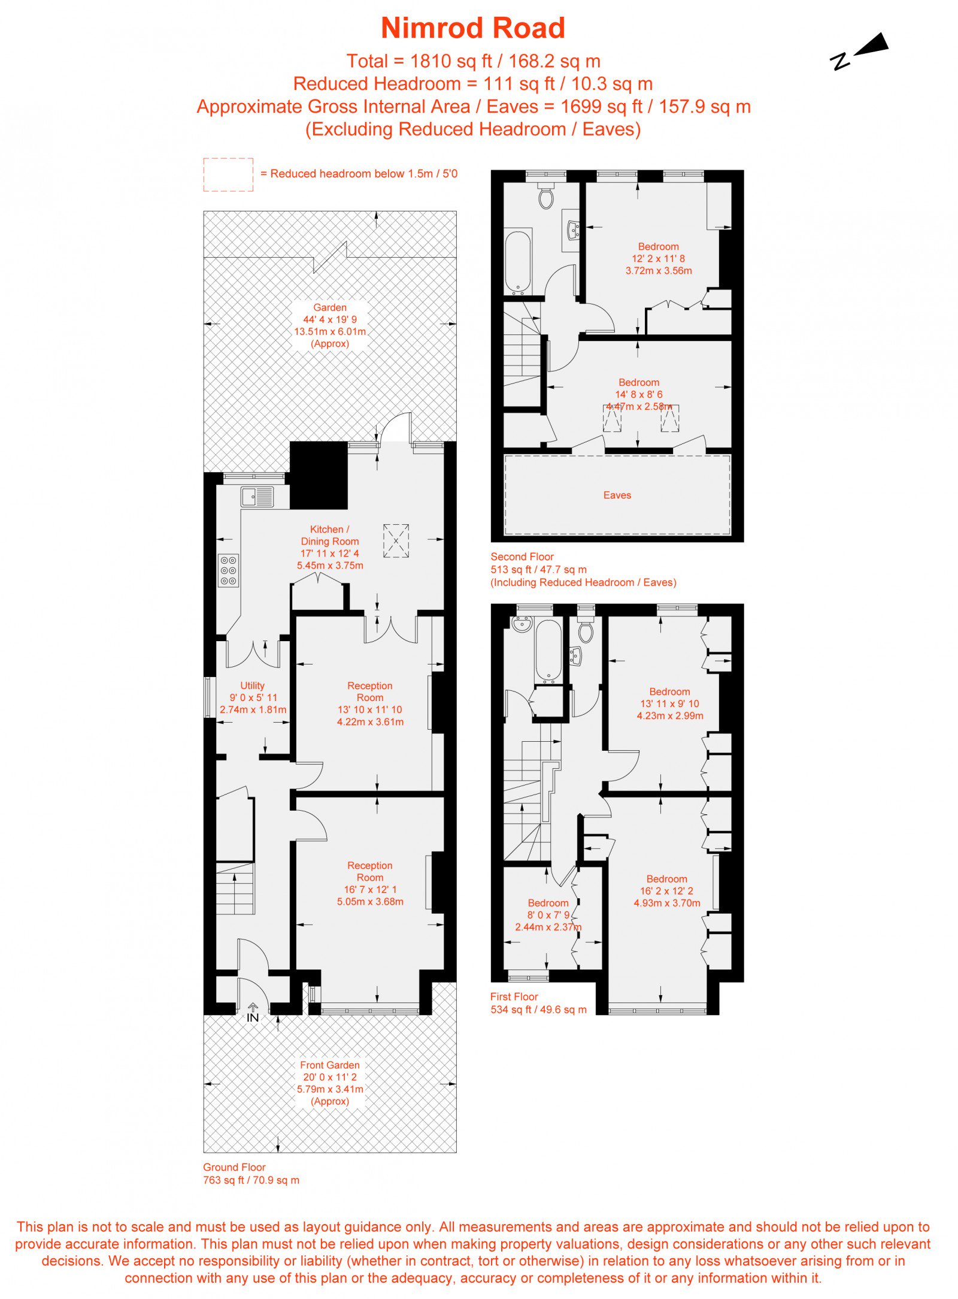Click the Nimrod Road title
pyautogui.click(x=473, y=28)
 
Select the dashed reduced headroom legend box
pyautogui.click(x=228, y=175)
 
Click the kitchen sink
pyautogui.click(x=257, y=497)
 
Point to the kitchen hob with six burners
pyautogui.click(x=228, y=570)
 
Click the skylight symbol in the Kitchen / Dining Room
pyautogui.click(x=396, y=541)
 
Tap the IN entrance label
pyautogui.click(x=253, y=1017)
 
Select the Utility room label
pyautogui.click(x=252, y=685)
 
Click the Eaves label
pyautogui.click(x=617, y=495)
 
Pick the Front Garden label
pyautogui.click(x=330, y=1065)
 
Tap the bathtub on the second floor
pyautogui.click(x=518, y=262)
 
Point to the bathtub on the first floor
pyautogui.click(x=548, y=651)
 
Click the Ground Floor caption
pyautogui.click(x=234, y=1167)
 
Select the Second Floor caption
pyautogui.click(x=522, y=557)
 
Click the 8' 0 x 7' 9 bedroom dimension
pyautogui.click(x=548, y=915)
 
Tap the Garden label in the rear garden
pyautogui.click(x=330, y=307)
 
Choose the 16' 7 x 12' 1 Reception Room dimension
pyautogui.click(x=370, y=889)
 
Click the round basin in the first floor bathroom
pyautogui.click(x=522, y=624)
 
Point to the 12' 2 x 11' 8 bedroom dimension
pyautogui.click(x=659, y=258)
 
